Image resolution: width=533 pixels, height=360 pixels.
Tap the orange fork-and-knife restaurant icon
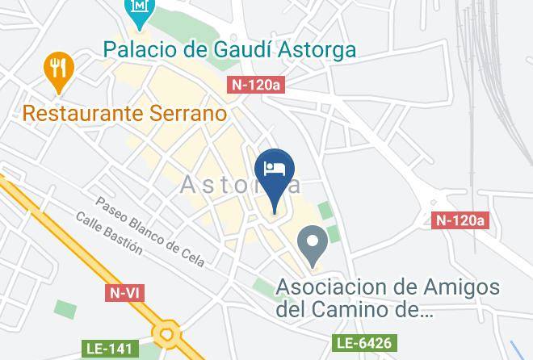click(x=58, y=69)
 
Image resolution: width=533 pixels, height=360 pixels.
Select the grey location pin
click(x=313, y=243)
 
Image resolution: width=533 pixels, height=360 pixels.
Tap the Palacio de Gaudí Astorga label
click(x=229, y=50)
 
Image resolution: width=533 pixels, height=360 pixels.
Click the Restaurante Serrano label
click(x=124, y=113)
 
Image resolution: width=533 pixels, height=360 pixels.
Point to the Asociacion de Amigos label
click(x=388, y=287)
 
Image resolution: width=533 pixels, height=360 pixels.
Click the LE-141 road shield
click(x=108, y=350)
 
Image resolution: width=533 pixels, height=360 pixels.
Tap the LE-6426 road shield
click(x=364, y=344)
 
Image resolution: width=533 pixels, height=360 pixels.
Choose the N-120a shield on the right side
click(x=461, y=220)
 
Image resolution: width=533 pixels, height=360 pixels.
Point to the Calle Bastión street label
click(x=109, y=233)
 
